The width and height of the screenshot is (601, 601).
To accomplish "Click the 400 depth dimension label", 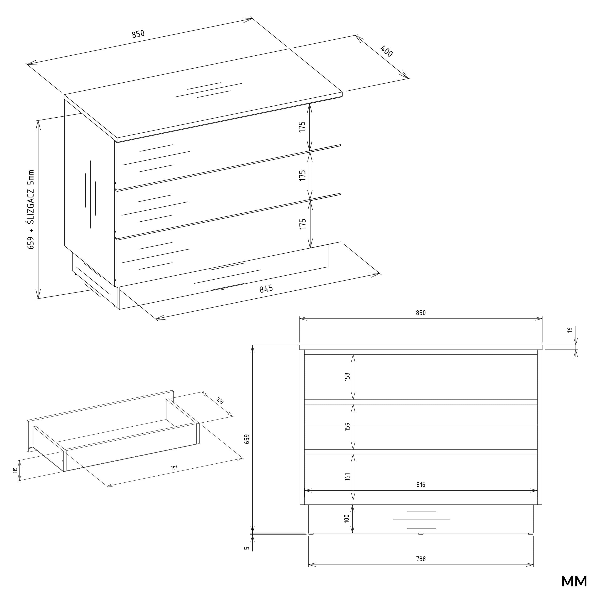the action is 387,51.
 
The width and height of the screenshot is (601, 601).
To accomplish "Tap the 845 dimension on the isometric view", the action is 266,289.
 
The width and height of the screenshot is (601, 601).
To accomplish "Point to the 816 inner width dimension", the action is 420,485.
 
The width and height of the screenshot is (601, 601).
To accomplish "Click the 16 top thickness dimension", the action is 570,330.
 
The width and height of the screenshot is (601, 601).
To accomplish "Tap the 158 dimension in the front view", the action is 347,377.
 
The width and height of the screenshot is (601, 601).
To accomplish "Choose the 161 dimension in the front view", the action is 347,476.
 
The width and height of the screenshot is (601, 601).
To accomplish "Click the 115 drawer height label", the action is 15,470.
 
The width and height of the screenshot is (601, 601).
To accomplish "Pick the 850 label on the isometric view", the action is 138,34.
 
